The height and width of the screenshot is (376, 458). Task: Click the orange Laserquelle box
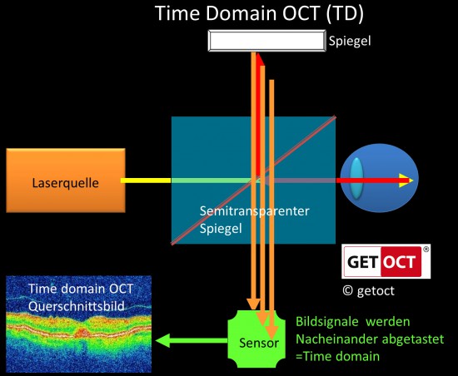point(66,181)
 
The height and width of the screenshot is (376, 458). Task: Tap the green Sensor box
point(256,339)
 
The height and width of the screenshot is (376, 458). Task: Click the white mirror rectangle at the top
point(267,41)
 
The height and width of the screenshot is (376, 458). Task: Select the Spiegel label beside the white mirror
point(350,41)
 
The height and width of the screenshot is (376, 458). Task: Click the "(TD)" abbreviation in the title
point(345,13)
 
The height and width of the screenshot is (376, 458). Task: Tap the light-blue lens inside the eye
point(356,178)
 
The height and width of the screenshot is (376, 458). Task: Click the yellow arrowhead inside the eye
point(406,181)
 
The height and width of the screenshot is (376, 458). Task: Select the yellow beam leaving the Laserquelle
point(146,181)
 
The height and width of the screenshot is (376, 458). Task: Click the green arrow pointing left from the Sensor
point(192,340)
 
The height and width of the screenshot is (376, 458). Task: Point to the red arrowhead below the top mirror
point(260,60)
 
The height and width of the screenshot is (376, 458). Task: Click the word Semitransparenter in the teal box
point(255,211)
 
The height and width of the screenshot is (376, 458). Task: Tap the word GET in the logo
point(363,262)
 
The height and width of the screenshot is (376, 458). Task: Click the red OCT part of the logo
point(401,262)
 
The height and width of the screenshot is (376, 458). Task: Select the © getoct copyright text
point(368,290)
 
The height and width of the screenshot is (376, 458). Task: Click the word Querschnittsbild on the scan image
point(77,306)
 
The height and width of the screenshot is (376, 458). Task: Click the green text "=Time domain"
point(337,357)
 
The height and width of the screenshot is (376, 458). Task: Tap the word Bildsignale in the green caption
point(327,322)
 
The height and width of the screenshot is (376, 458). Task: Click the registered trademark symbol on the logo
point(426,250)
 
